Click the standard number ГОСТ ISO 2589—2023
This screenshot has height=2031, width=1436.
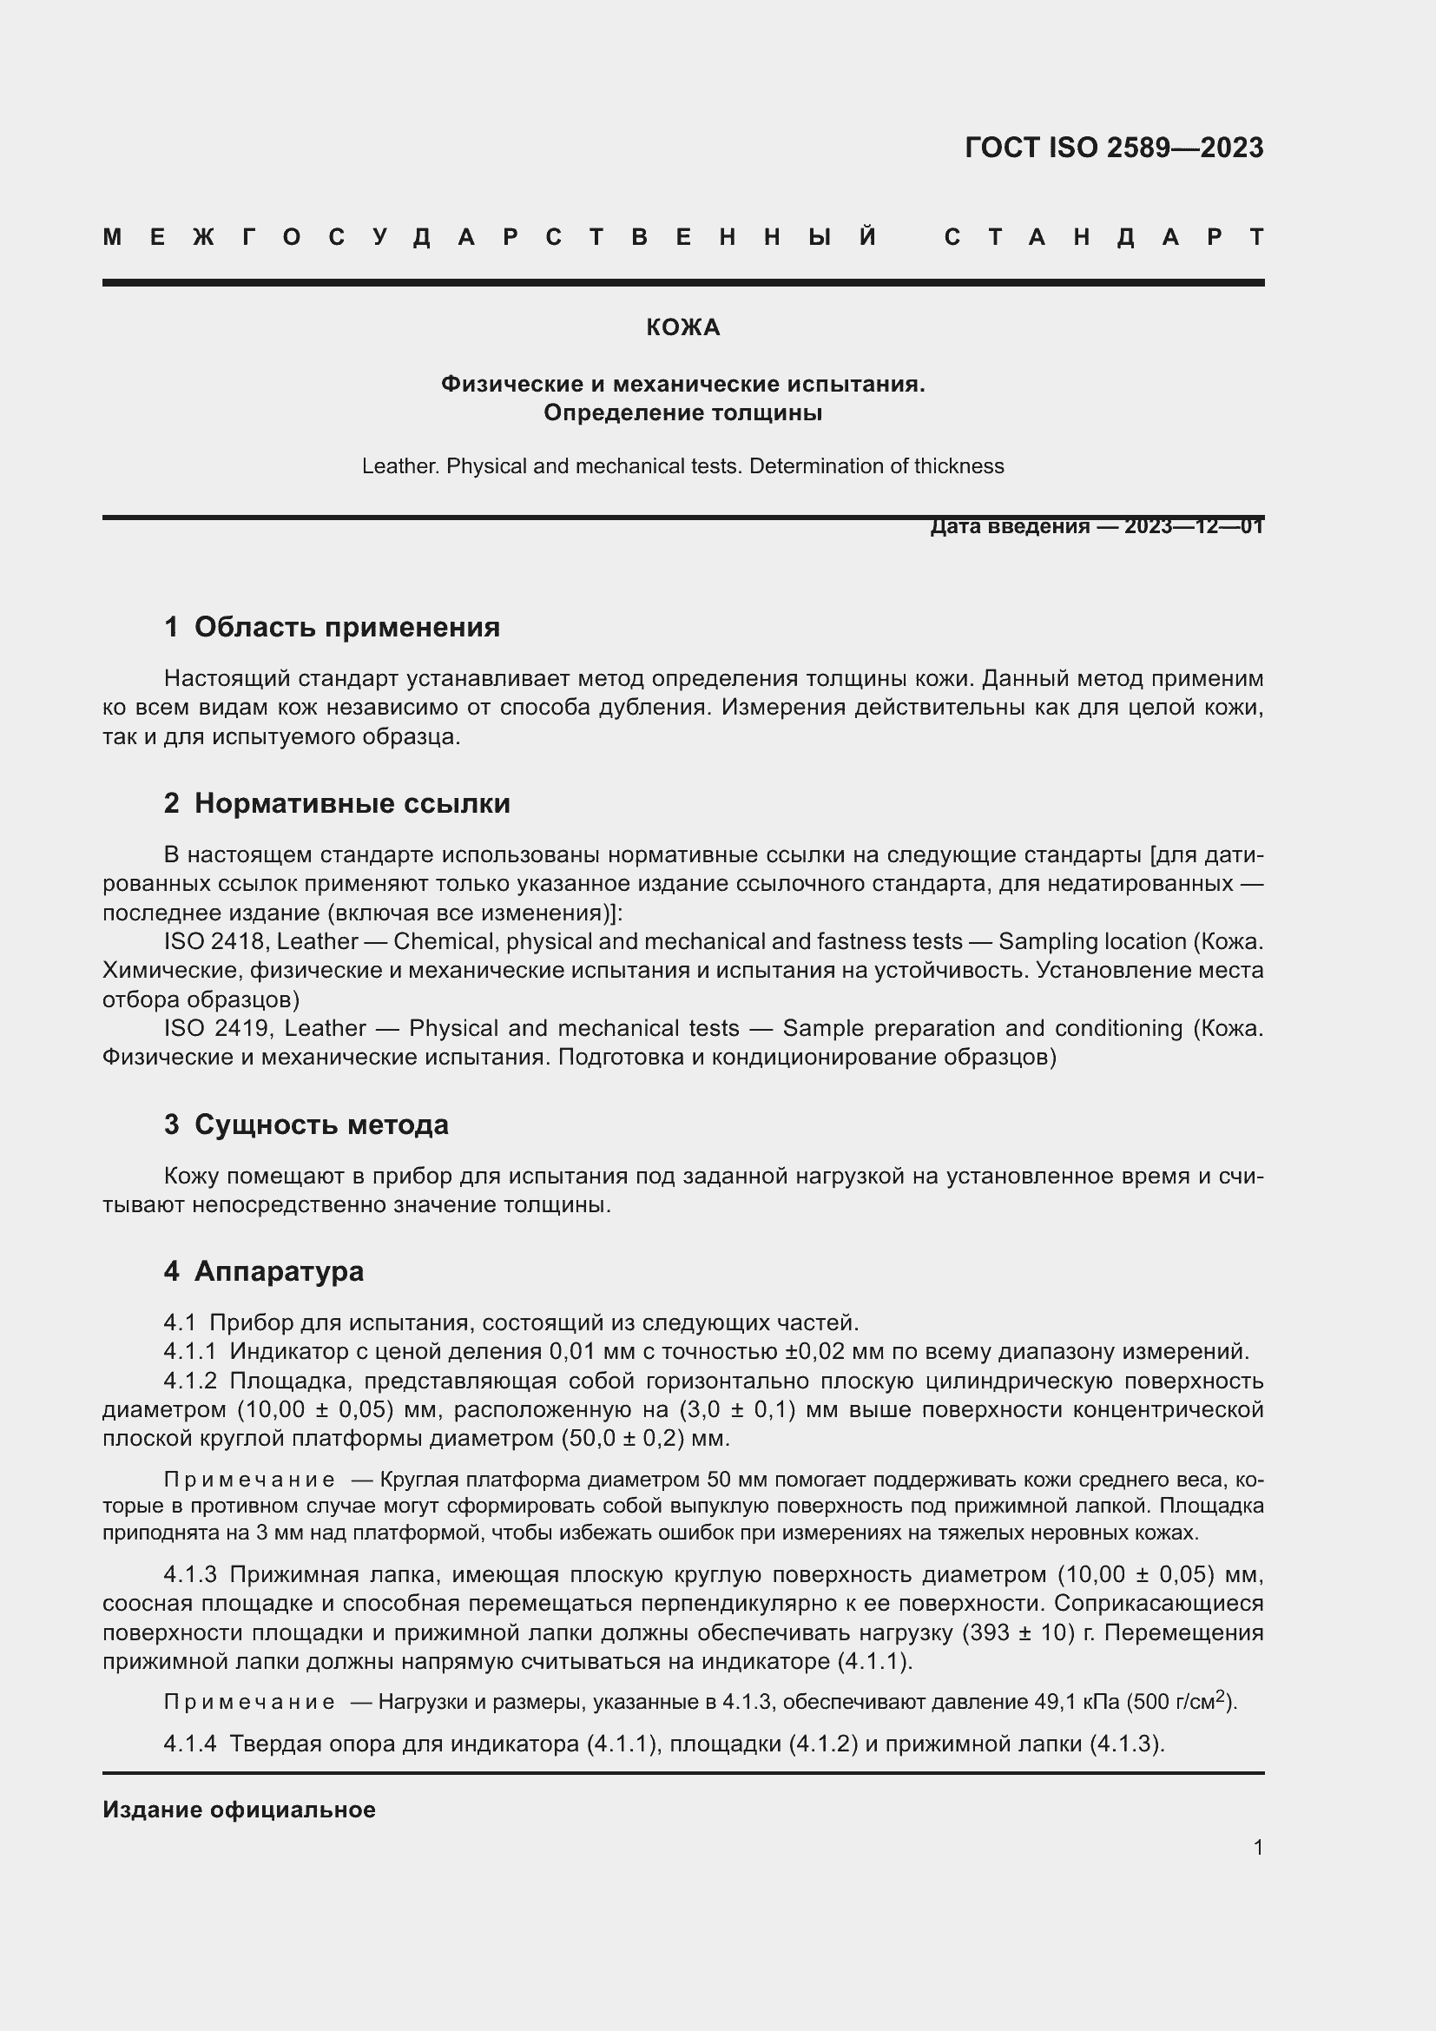[x=1113, y=148]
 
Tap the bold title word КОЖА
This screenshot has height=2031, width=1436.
[x=682, y=328]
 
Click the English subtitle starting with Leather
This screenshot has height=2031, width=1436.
[x=682, y=466]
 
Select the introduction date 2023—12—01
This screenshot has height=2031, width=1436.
[x=1193, y=527]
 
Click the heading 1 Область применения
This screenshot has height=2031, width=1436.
[x=332, y=627]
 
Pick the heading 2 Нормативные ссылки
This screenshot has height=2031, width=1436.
[x=337, y=803]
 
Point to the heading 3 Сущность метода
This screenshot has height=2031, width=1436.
[x=306, y=1124]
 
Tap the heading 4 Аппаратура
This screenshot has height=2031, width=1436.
[x=264, y=1271]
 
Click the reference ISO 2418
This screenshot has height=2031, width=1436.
[x=213, y=941]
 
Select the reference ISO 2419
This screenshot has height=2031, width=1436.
[x=213, y=1028]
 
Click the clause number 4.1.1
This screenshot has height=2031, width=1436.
[x=189, y=1351]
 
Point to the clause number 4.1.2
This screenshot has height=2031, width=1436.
[x=189, y=1380]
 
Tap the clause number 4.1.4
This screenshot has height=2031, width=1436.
[x=189, y=1744]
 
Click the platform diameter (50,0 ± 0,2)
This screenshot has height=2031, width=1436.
[x=622, y=1438]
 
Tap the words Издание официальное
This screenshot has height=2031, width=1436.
[x=239, y=1810]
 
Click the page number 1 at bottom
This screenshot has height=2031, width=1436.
[x=1257, y=1847]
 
